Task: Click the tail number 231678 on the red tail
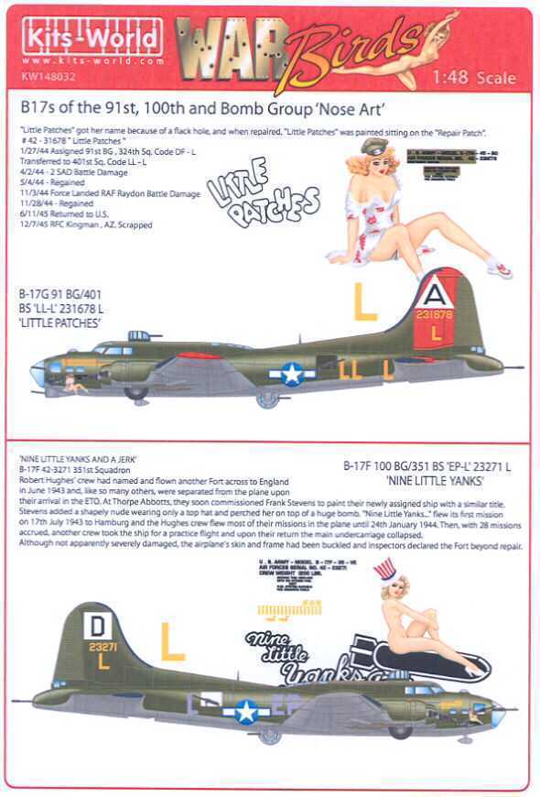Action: pyautogui.click(x=435, y=314)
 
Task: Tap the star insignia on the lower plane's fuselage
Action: pyautogui.click(x=245, y=710)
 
